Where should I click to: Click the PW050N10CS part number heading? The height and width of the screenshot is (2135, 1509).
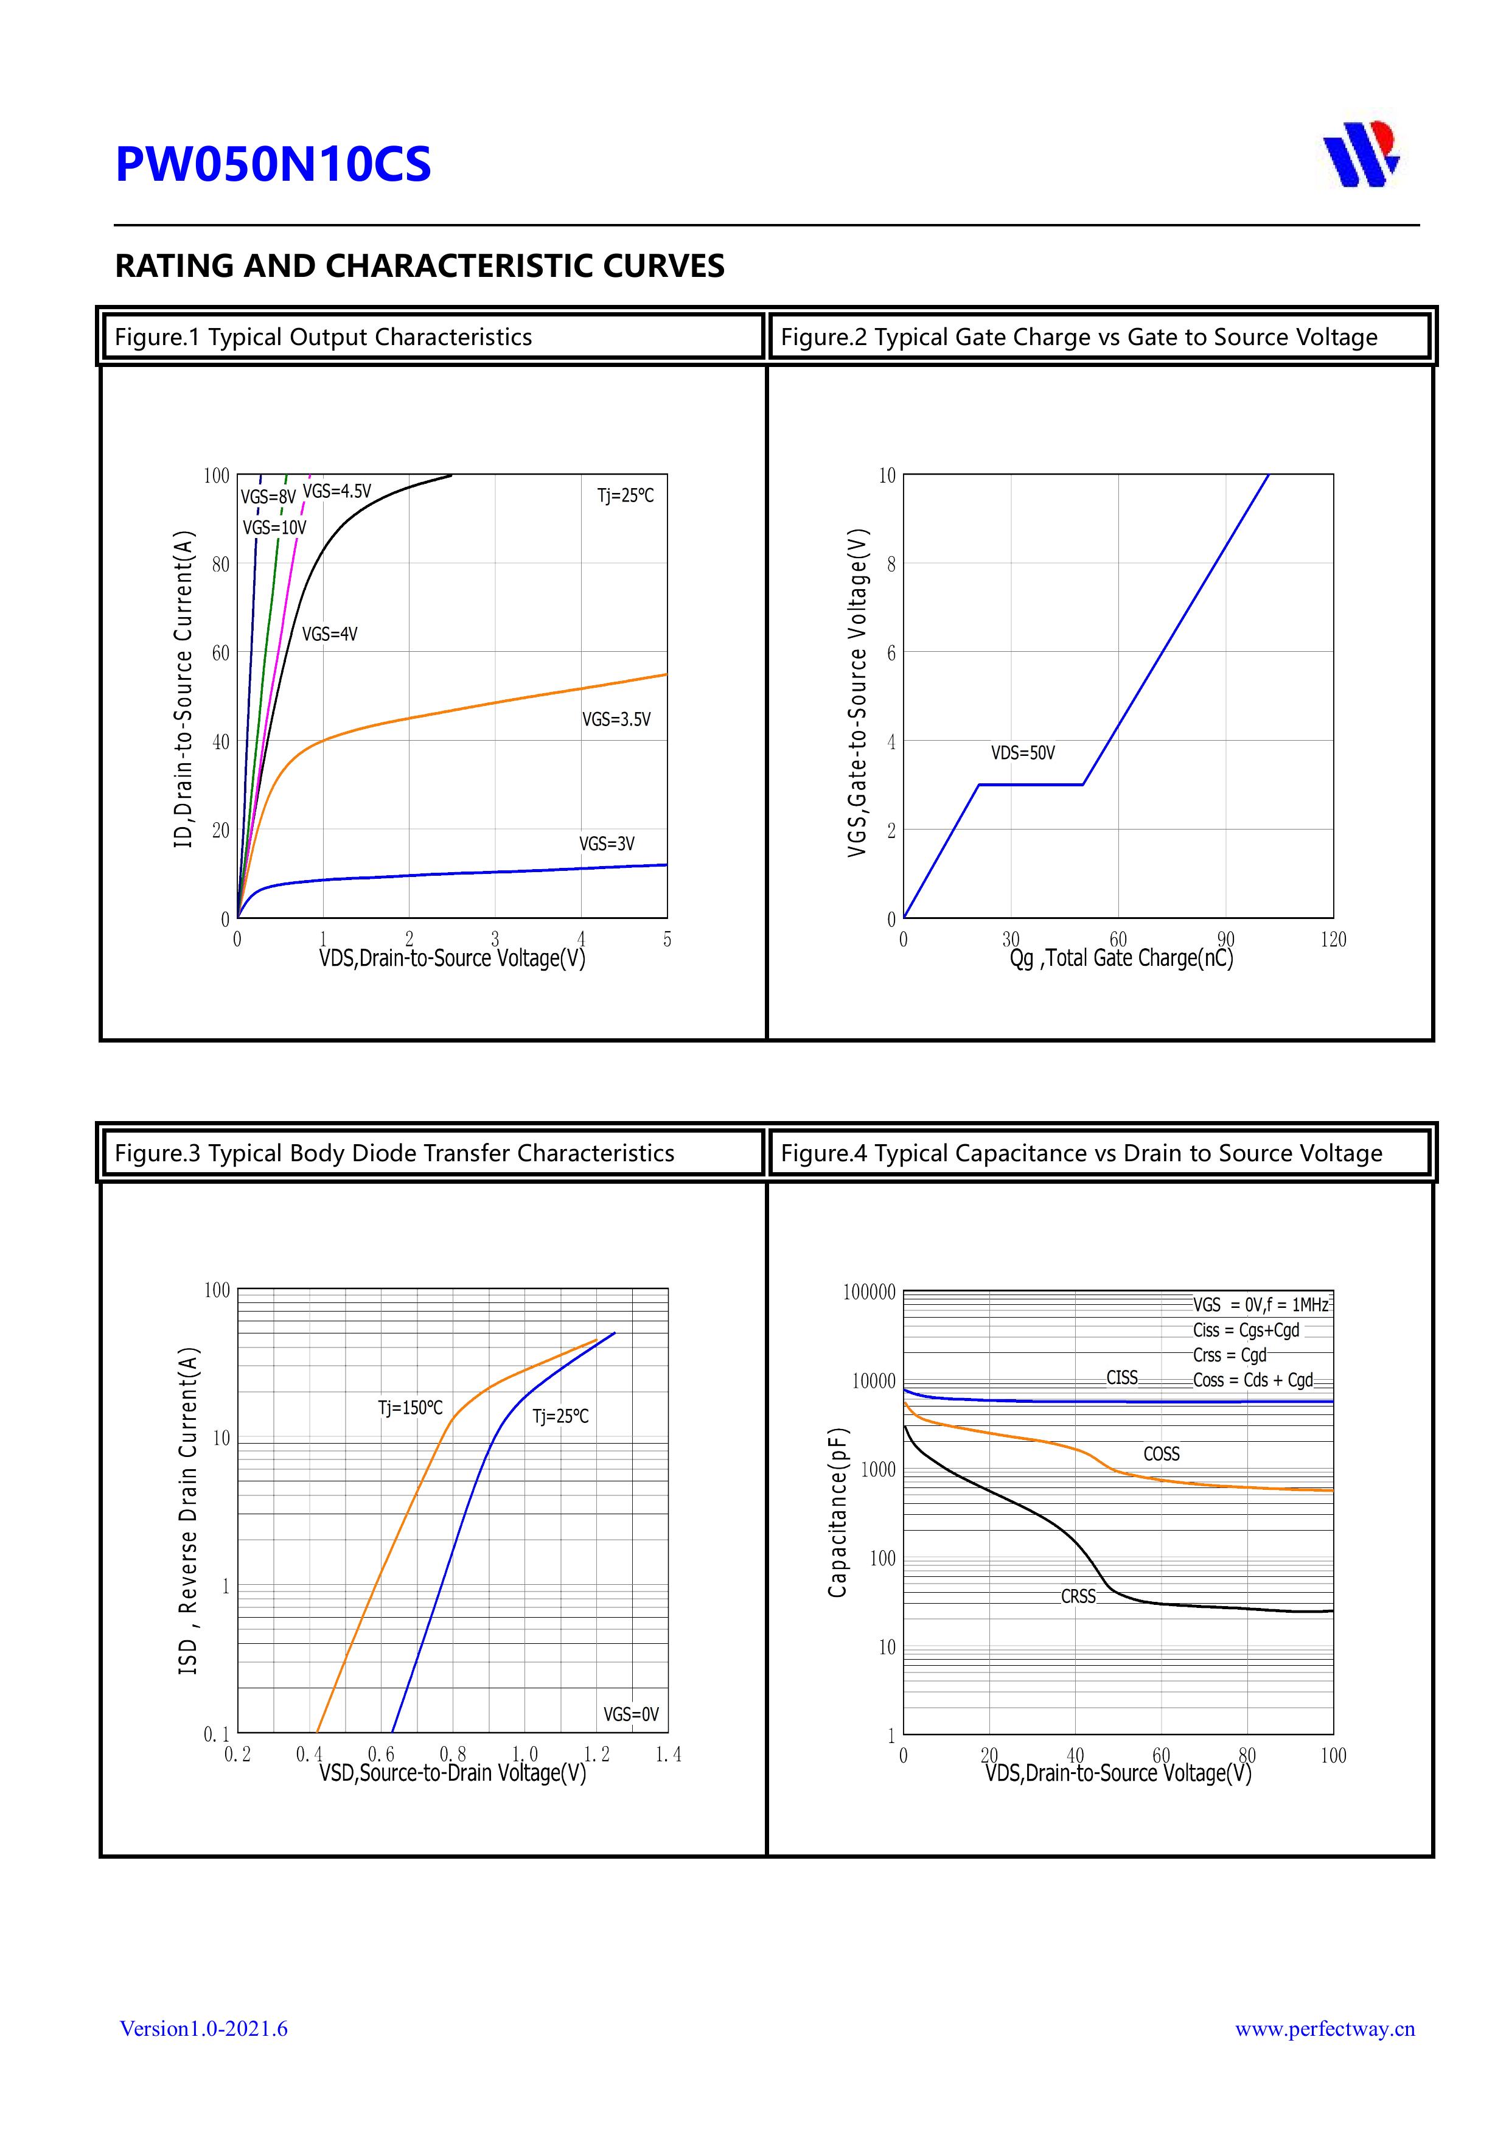point(273,164)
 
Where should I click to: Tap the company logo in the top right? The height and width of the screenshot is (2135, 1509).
point(1361,153)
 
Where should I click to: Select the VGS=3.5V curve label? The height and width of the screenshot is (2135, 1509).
point(616,720)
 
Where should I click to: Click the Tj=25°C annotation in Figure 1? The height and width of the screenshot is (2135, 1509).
point(625,495)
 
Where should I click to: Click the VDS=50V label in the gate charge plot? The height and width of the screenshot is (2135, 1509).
point(1023,753)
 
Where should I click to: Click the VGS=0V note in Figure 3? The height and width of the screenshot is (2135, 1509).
point(630,1714)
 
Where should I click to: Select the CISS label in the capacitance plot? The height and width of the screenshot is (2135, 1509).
point(1121,1378)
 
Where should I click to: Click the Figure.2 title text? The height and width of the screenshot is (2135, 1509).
point(1079,338)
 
